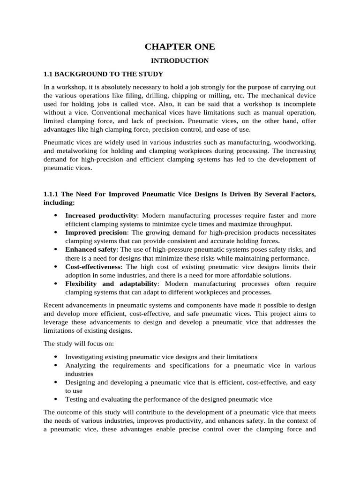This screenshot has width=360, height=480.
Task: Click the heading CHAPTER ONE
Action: coord(180,46)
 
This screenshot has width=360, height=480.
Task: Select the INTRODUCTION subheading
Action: coord(180,60)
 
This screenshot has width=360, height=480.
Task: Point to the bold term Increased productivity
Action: coord(101,215)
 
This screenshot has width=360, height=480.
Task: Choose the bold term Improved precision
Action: coord(96,232)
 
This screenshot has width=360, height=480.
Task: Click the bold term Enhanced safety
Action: coord(91,249)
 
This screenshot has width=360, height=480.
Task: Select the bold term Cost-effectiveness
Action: coord(93,267)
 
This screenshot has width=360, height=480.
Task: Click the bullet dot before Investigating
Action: coord(56,357)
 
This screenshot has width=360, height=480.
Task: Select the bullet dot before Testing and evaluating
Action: coord(56,399)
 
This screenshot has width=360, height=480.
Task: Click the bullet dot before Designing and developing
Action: coord(56,382)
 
